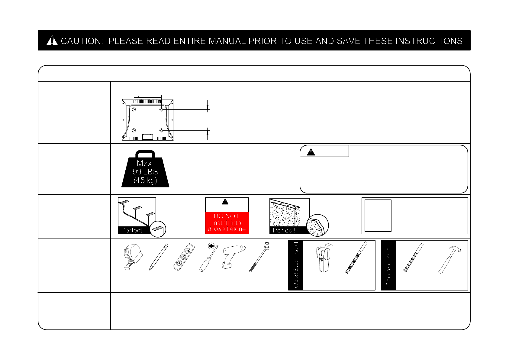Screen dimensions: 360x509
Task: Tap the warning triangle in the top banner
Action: click(x=52, y=41)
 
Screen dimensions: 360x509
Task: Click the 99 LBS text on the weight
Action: click(x=145, y=172)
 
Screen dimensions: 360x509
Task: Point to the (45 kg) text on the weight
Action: click(x=145, y=180)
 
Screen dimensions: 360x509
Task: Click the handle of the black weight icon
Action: click(x=146, y=154)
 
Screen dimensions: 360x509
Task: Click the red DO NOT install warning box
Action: click(x=227, y=222)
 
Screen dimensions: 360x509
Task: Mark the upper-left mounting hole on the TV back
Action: click(x=134, y=109)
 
